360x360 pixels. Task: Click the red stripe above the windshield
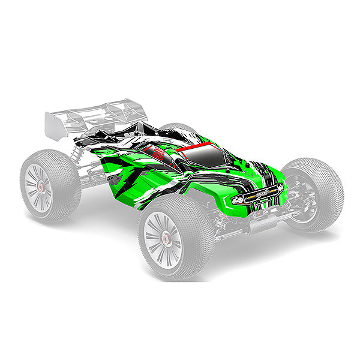tap(198, 146)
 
